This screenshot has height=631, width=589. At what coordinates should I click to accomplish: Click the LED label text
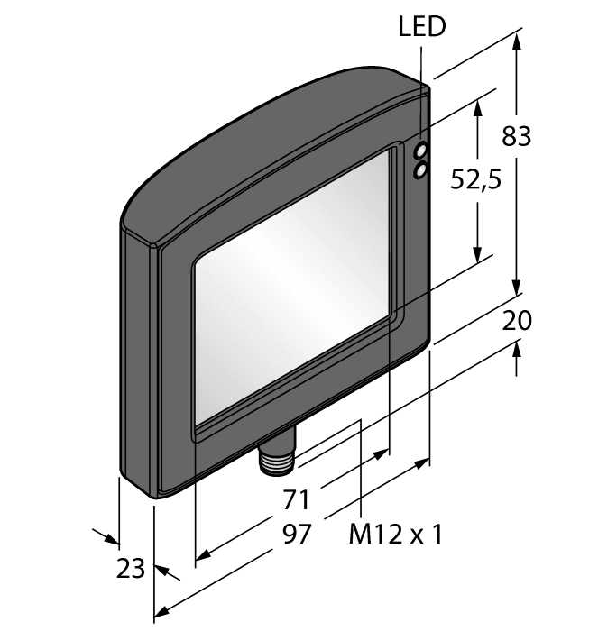pos(422,27)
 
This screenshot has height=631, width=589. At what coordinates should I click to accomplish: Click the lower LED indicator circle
pos(420,169)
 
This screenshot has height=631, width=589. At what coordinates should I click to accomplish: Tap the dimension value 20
pos(517,320)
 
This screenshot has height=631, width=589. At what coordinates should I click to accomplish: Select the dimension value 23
pos(131,568)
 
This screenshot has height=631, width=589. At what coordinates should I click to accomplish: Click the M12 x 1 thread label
pos(395,535)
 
